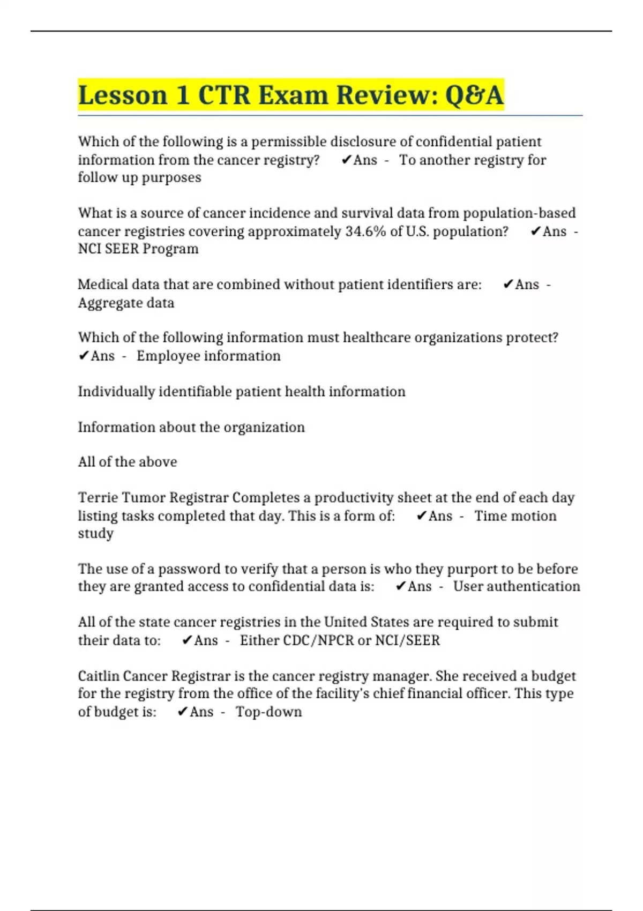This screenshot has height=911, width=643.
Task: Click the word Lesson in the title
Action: (123, 95)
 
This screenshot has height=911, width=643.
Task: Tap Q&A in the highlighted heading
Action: (474, 95)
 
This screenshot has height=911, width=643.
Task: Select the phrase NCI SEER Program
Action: (138, 249)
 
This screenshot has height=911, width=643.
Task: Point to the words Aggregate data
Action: (126, 303)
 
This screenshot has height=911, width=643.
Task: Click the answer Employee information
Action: (208, 356)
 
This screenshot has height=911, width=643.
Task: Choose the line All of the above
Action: (128, 462)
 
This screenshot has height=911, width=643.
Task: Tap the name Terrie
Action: (98, 498)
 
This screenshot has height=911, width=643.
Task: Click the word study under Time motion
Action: (96, 534)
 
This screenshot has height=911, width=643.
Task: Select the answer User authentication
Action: (517, 586)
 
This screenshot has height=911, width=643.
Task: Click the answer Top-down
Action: (269, 712)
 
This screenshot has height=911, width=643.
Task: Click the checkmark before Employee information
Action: (84, 356)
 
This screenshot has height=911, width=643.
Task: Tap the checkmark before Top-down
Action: (182, 712)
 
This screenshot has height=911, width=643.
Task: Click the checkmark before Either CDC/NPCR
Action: (187, 640)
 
